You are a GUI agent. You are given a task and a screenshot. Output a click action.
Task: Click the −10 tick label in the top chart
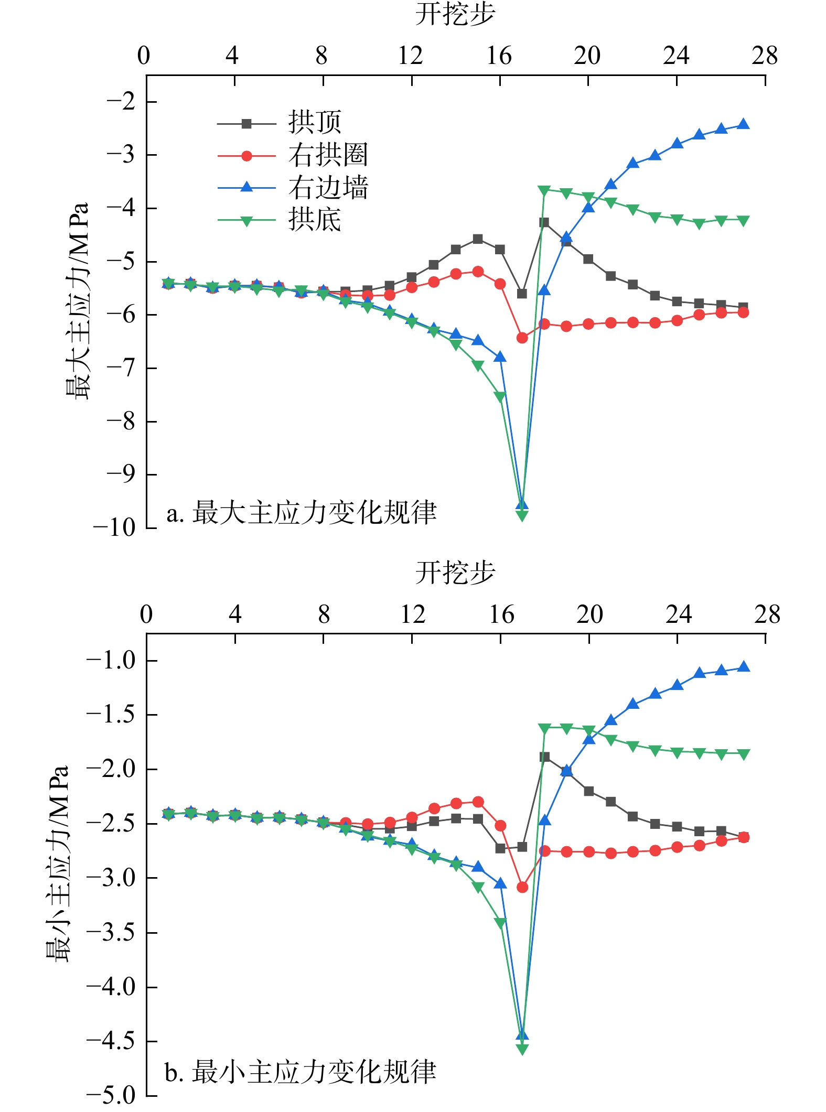tap(114, 527)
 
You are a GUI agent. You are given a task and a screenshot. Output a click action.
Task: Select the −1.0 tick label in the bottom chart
tap(111, 661)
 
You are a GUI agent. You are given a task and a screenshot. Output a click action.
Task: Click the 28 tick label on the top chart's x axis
tap(765, 56)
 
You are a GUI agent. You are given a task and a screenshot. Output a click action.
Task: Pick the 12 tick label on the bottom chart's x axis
tap(413, 614)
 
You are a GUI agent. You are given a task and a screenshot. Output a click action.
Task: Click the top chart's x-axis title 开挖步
tap(455, 14)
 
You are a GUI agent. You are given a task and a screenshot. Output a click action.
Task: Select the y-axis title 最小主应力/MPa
tap(58, 864)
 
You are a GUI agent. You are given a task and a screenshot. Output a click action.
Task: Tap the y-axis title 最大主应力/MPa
tap(78, 301)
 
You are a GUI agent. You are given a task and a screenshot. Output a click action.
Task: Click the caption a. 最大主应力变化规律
tap(302, 513)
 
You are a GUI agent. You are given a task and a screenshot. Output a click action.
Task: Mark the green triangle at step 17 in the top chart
tap(522, 516)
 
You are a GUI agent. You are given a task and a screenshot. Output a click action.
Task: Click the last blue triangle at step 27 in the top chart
tap(743, 124)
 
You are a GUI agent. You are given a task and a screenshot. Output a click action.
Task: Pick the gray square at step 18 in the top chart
tap(544, 222)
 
